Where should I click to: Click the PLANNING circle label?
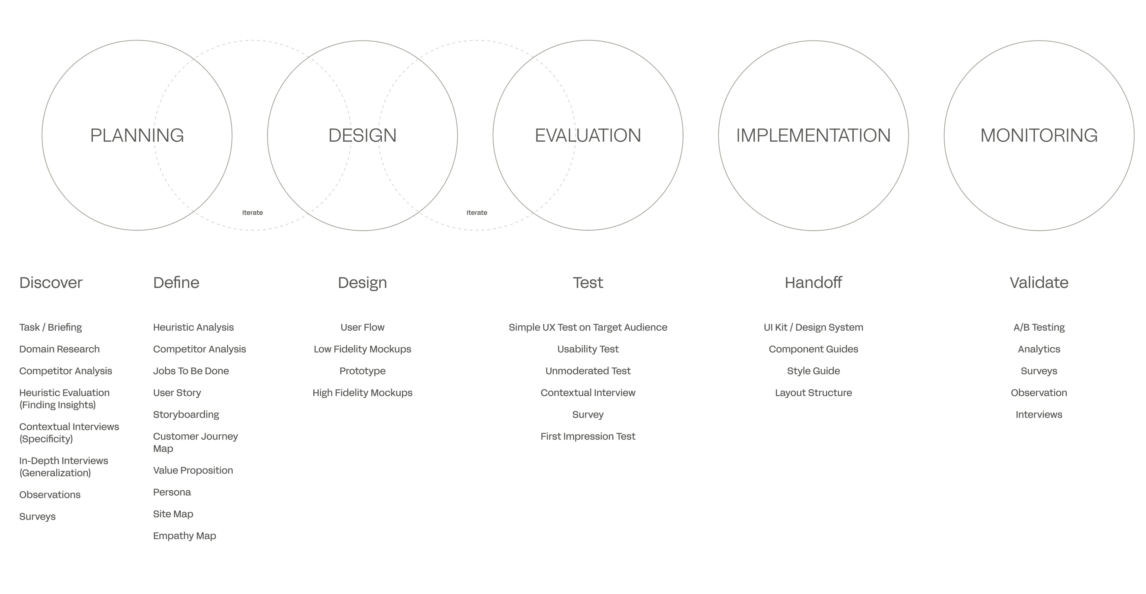[137, 135]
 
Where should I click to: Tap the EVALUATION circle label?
[588, 135]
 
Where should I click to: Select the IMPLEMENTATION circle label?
[813, 135]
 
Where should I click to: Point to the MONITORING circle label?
[1039, 135]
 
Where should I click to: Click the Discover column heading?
[51, 283]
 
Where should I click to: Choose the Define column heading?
[176, 283]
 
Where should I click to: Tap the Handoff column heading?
[813, 283]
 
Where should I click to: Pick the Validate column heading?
[1039, 283]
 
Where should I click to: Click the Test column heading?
[588, 283]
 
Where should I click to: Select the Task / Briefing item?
[50, 327]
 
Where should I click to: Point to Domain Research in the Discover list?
[59, 349]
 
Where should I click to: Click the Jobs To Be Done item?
[191, 371]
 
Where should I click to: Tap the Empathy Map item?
[184, 536]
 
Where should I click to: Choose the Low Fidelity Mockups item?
[362, 349]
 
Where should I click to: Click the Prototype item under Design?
[362, 371]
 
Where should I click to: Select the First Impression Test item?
[588, 436]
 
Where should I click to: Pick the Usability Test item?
[588, 349]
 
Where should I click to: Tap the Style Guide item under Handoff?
[813, 371]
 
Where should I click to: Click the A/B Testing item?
[1039, 327]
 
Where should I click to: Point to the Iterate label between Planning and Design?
[252, 213]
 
